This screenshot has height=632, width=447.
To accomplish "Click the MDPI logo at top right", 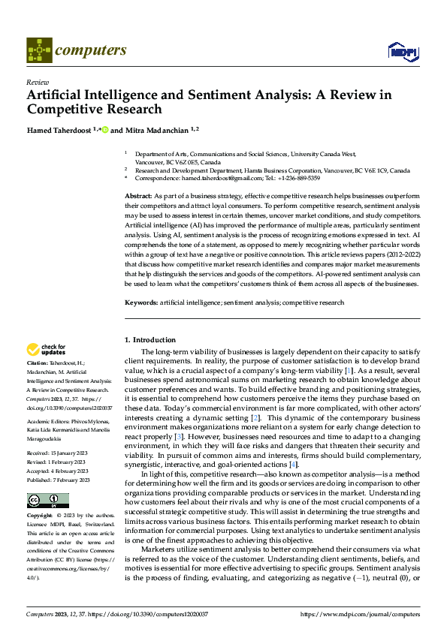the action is pos(401,51).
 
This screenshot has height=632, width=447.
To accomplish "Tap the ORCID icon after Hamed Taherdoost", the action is pos(105,130).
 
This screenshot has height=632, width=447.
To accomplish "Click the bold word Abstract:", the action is pos(139,195).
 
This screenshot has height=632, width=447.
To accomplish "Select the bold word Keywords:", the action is pos(141,302).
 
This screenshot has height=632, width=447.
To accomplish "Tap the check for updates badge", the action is pos(47,350).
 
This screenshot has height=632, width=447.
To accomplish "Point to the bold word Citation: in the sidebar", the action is pos(40,363).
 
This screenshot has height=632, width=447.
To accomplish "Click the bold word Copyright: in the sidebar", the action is pos(40,516).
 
